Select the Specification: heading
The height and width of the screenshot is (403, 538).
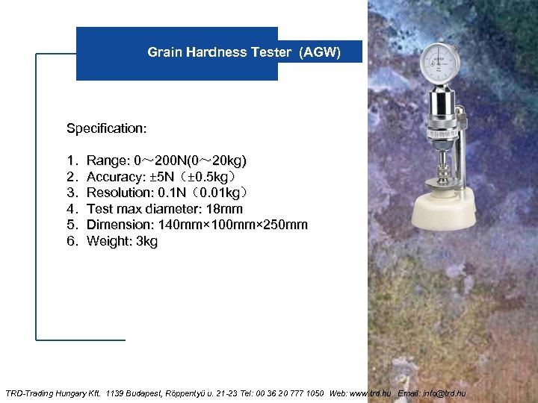click(107, 128)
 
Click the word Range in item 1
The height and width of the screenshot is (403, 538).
click(108, 161)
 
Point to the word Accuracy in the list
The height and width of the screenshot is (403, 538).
click(116, 177)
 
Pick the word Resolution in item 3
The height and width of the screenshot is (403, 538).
click(120, 193)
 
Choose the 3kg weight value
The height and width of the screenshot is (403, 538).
click(147, 241)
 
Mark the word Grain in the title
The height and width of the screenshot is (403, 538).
click(163, 52)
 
